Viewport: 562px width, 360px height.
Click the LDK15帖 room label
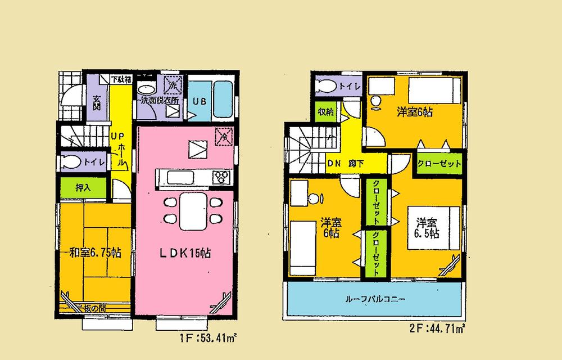pos(184,253)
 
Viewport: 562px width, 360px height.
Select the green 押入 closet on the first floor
pos(83,188)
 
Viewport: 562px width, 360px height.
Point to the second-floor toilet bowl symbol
pos(326,85)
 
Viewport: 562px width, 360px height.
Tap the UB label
pos(199,102)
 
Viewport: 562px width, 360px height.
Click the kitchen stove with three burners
pos(221,177)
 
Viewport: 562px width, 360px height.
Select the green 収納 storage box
pos(325,112)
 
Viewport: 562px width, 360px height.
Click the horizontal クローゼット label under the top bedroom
pos(439,164)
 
